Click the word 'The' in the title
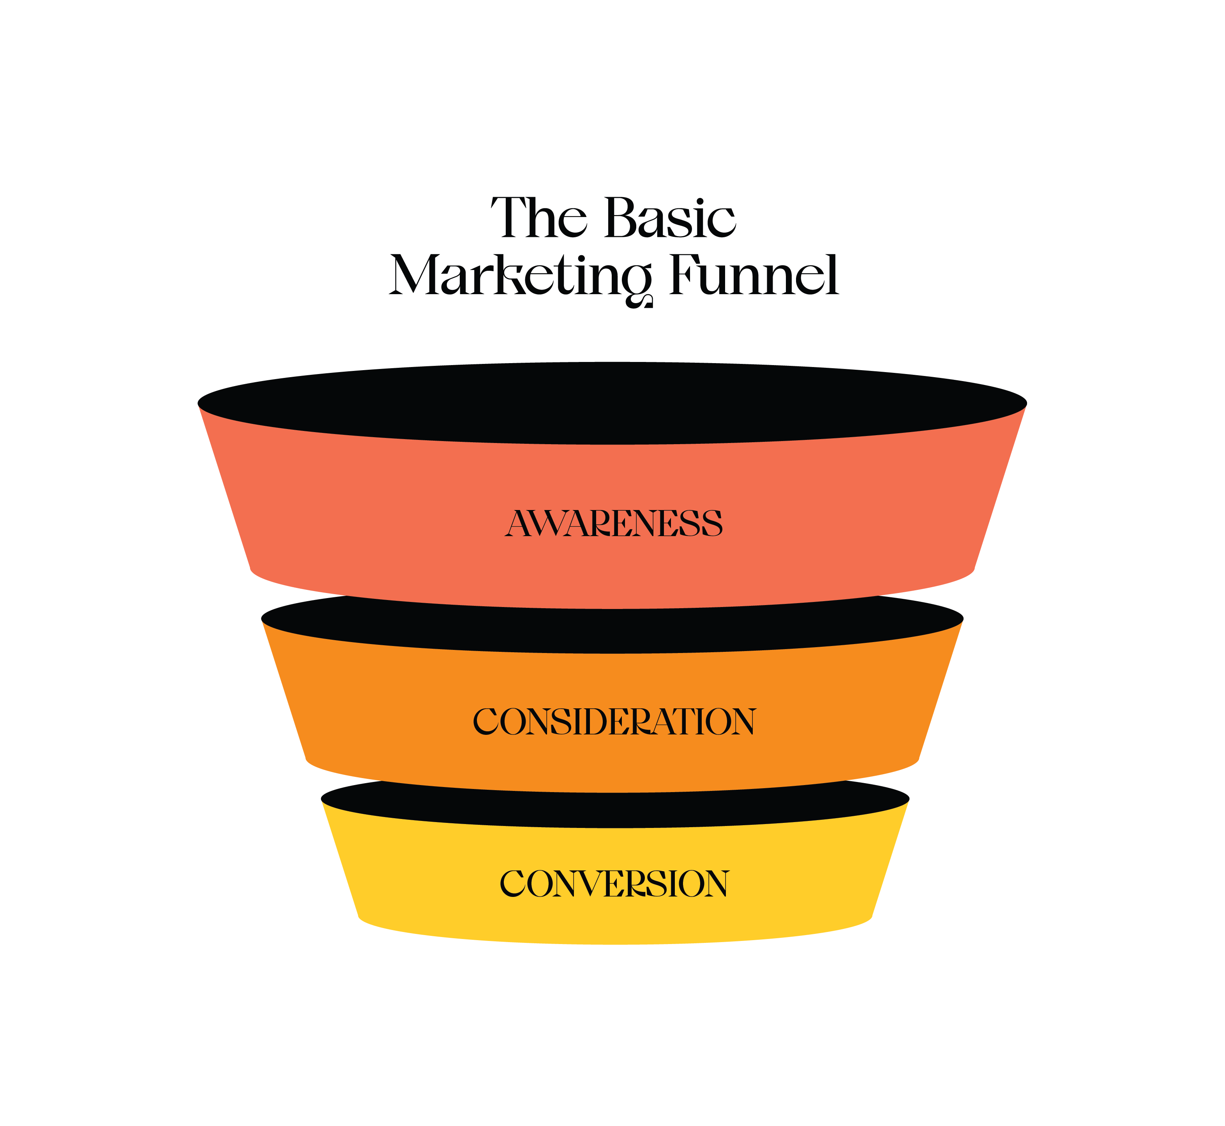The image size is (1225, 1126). [x=539, y=218]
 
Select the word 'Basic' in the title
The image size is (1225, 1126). [x=671, y=218]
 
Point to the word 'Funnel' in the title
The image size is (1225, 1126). [x=754, y=275]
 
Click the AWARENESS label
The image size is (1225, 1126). [x=614, y=523]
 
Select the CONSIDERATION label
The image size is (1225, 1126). [x=614, y=722]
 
